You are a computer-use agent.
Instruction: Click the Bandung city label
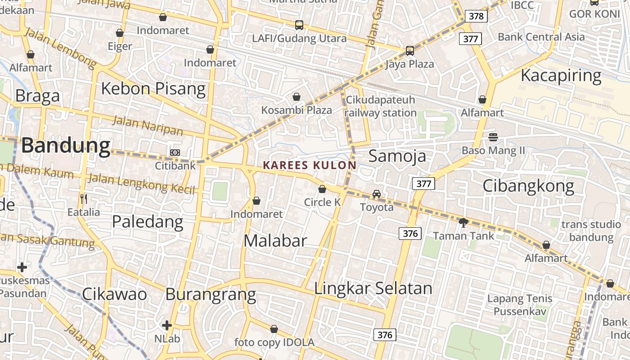point(66,146)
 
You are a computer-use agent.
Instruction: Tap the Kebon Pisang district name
point(153,89)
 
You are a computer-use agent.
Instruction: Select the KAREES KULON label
point(310,165)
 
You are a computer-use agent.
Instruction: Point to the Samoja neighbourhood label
point(397,156)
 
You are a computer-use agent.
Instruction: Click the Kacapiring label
point(561,76)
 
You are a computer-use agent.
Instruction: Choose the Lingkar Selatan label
point(373,288)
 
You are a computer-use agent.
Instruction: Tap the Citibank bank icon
point(175,153)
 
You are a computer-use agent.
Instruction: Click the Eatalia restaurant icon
point(83,198)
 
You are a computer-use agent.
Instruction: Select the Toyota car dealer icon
point(377,194)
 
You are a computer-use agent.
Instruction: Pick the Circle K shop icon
point(322,189)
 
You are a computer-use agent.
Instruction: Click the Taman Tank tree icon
point(463,222)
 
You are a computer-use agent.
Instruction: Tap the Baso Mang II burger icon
point(493,137)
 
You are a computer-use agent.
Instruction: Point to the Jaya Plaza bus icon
point(409,51)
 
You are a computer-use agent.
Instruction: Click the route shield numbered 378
point(476,17)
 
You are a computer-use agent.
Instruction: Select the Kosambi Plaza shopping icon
point(297,97)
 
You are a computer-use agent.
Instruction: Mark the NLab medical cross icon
point(167,325)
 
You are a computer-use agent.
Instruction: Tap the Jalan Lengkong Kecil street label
point(141,183)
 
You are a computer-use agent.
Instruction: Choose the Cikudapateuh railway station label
point(381,106)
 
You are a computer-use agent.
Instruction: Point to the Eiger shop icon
point(120,33)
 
